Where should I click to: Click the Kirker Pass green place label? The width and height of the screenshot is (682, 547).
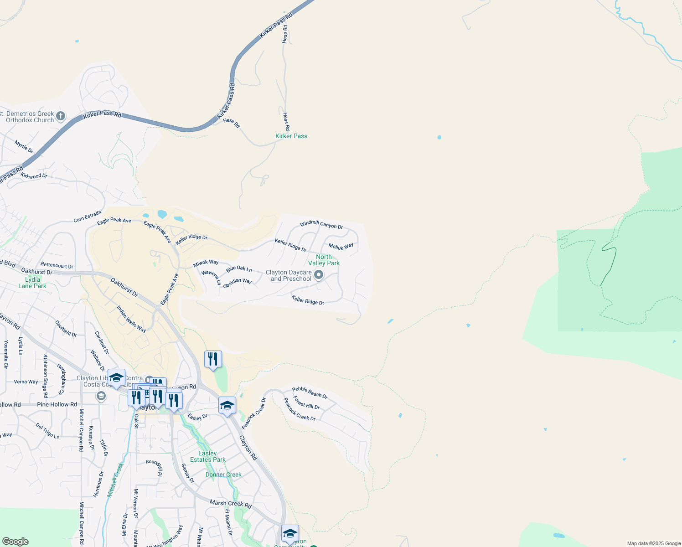291,136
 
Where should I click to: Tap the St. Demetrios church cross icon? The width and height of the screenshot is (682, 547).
61,116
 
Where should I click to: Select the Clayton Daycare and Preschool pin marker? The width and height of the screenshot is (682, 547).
319,275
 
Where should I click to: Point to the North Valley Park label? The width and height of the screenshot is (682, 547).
324,260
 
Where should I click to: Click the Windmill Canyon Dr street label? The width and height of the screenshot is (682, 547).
321,224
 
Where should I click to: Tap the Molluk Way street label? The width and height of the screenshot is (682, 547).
341,247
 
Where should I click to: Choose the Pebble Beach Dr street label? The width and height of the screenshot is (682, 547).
310,392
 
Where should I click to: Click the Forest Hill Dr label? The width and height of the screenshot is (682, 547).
306,403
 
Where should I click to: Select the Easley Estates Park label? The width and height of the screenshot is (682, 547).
208,456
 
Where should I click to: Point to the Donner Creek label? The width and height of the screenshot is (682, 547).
223,475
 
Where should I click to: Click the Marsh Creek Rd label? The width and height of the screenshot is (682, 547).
230,504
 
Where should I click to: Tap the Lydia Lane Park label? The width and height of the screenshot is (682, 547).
32,283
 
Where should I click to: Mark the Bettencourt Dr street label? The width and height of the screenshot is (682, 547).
57,265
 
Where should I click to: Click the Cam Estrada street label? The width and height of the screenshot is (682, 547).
88,217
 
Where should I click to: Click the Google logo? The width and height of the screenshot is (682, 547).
15,542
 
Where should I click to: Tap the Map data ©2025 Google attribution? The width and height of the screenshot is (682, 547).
654,543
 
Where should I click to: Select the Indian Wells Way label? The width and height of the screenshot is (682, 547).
131,319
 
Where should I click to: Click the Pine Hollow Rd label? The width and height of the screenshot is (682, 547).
57,404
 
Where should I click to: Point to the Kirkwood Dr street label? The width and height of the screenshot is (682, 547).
34,176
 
